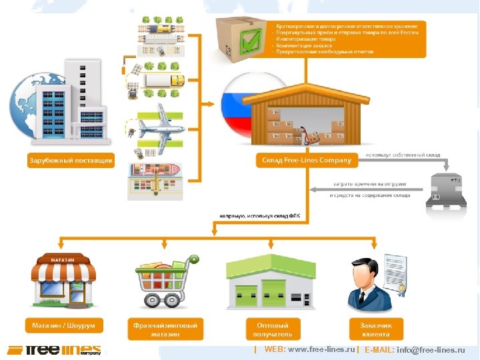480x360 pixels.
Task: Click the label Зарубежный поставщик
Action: click(x=70, y=161)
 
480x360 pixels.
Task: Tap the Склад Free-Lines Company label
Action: click(x=305, y=161)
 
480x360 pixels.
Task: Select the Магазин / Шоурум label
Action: click(x=63, y=326)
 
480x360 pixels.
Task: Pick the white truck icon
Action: click(x=164, y=81)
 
